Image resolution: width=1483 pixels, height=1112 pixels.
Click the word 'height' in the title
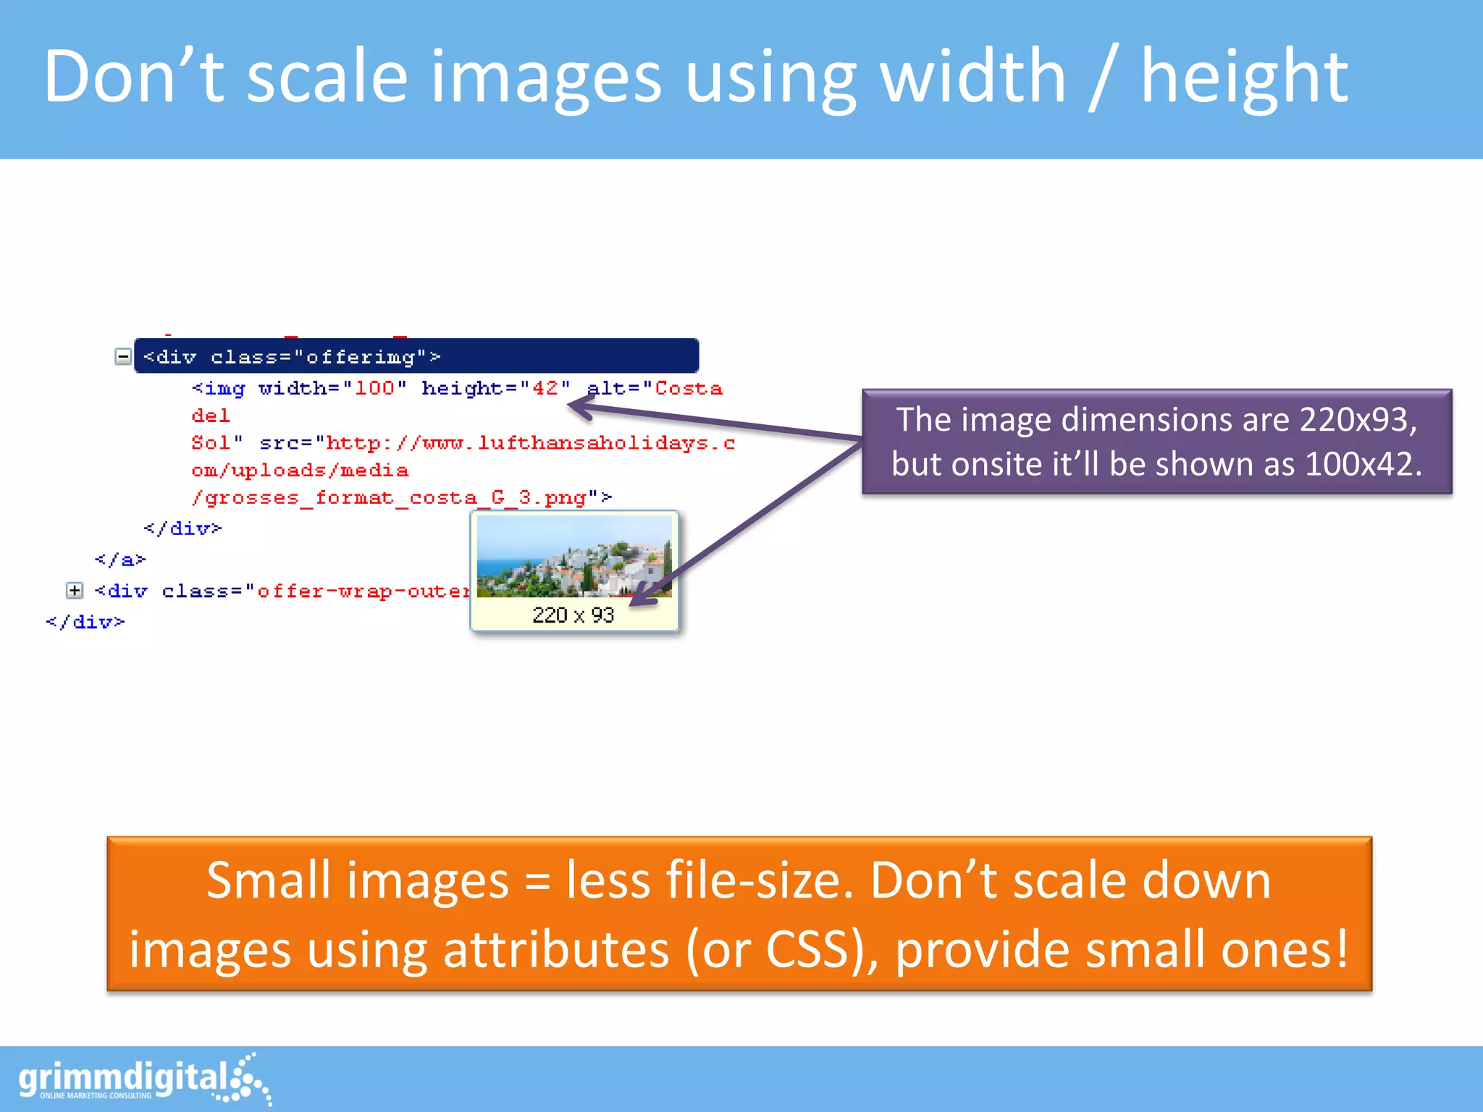[1244, 77]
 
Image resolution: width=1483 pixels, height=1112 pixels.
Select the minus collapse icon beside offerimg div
[123, 356]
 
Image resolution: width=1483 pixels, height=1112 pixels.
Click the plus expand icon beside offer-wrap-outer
[75, 591]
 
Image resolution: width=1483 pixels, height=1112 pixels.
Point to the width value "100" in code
[374, 389]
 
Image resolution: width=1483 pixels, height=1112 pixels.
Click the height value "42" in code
[545, 389]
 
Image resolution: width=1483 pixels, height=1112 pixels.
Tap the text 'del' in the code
[210, 416]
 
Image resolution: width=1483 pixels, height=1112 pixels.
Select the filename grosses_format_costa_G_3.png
[395, 498]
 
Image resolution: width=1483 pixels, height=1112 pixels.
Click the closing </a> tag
[120, 560]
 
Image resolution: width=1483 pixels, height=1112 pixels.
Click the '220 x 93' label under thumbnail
[573, 615]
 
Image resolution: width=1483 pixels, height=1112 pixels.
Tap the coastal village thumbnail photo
[574, 556]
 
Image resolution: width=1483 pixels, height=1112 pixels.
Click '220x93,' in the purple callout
[1358, 420]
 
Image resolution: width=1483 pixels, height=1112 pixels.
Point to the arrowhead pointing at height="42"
[579, 408]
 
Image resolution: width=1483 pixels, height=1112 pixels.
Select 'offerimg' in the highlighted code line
[360, 357]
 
